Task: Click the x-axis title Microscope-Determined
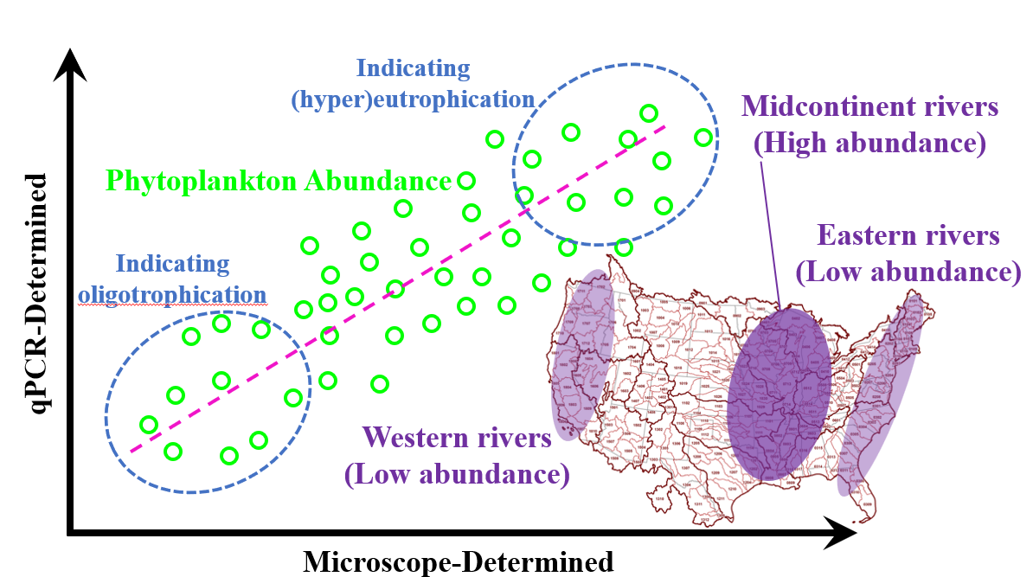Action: coord(458,561)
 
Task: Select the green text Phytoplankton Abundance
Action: coord(278,182)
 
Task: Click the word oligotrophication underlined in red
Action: coord(172,294)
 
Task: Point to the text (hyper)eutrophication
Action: coord(413,98)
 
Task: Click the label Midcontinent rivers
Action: coord(870,108)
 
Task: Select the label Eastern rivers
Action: coord(908,235)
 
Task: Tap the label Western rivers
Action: coord(457,438)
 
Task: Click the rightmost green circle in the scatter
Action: coord(703,137)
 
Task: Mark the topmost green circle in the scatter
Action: coord(648,112)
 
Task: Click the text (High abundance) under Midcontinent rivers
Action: coord(869,143)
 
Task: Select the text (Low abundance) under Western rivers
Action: coord(457,474)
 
